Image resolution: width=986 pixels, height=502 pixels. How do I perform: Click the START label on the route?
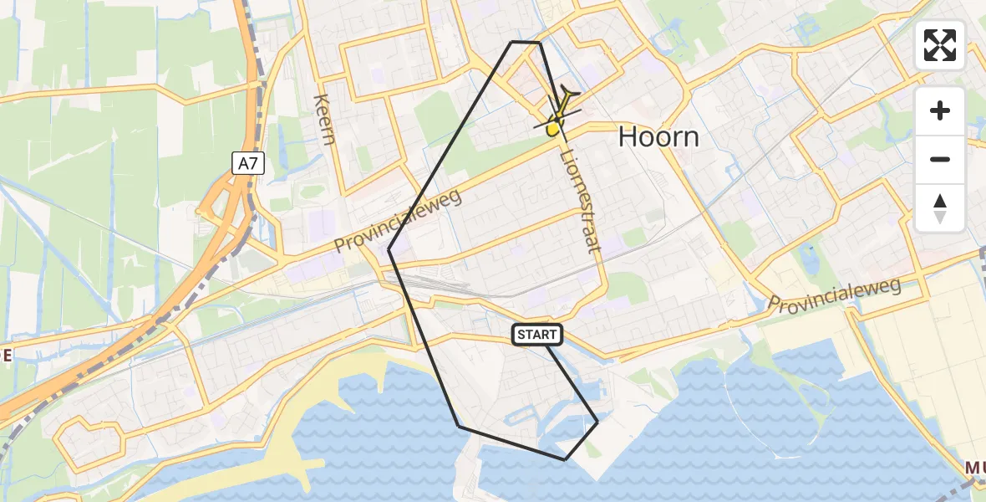pos(537,335)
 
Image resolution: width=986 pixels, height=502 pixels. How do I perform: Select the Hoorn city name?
pos(658,137)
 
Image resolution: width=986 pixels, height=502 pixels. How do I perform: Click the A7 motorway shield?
pos(248,165)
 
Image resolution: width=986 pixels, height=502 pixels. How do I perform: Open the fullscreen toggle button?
pos(940,45)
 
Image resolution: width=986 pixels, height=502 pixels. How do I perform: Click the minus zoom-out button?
pos(940,159)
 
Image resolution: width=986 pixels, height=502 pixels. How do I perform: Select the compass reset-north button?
pos(940,207)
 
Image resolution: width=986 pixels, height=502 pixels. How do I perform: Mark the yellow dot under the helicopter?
pos(552,129)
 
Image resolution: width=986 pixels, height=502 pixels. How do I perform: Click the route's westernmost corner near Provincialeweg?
pos(389,249)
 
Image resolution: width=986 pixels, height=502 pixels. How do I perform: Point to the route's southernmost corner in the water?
pos(566,459)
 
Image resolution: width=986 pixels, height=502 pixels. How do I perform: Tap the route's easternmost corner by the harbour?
pos(597,422)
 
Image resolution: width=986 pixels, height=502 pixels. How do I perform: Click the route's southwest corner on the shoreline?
pos(459,427)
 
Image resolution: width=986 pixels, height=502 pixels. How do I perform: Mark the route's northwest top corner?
pos(512,42)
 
